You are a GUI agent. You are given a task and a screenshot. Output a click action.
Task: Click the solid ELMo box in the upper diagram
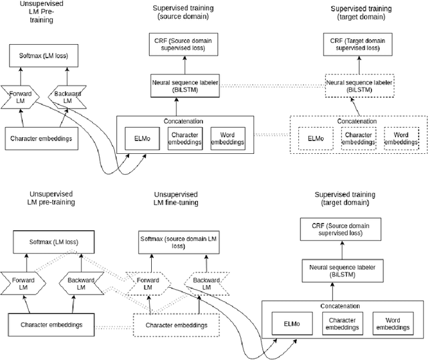click(142, 139)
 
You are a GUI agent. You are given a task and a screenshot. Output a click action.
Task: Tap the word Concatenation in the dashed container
click(357, 122)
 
